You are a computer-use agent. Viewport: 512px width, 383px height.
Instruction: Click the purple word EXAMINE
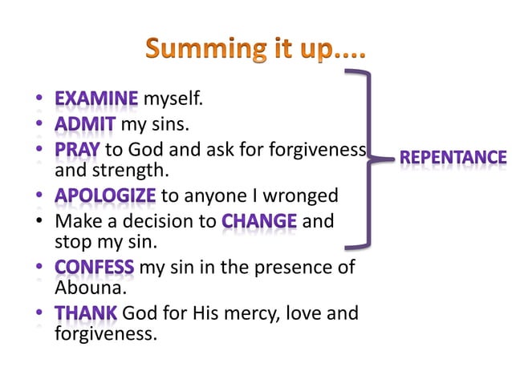coord(96,99)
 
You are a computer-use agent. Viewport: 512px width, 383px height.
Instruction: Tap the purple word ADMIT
coord(86,124)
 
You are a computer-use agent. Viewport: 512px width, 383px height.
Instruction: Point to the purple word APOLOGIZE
coord(105,196)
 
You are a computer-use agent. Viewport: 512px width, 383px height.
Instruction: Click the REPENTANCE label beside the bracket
coord(453,158)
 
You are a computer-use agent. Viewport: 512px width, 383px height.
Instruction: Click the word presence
coord(291,268)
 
